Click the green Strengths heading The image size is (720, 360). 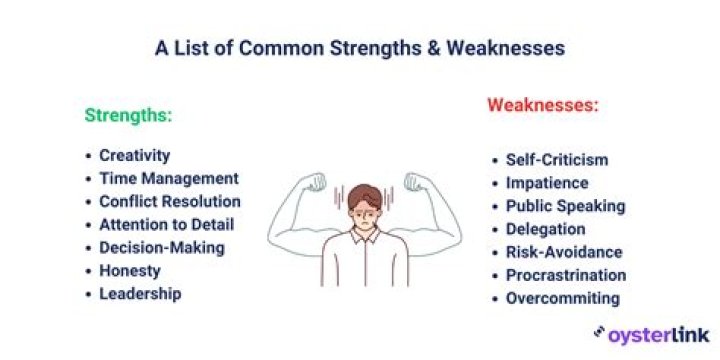tap(128, 115)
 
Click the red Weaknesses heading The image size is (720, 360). tap(542, 104)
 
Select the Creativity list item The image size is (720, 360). tap(134, 156)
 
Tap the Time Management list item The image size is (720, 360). tap(168, 179)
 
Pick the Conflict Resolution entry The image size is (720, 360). tap(169, 201)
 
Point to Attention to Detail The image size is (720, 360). tap(166, 224)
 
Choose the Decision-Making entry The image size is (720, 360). tap(161, 247)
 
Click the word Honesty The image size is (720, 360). tap(129, 270)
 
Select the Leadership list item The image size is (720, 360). tap(140, 293)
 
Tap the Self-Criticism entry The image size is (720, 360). tap(556, 160)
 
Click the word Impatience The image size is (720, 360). tap(546, 183)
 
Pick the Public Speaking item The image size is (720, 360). tap(565, 206)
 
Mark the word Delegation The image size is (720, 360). tap(546, 229)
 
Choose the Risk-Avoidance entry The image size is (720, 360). tap(563, 252)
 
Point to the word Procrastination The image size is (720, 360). tap(565, 275)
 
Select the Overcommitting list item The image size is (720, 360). tap(562, 298)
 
